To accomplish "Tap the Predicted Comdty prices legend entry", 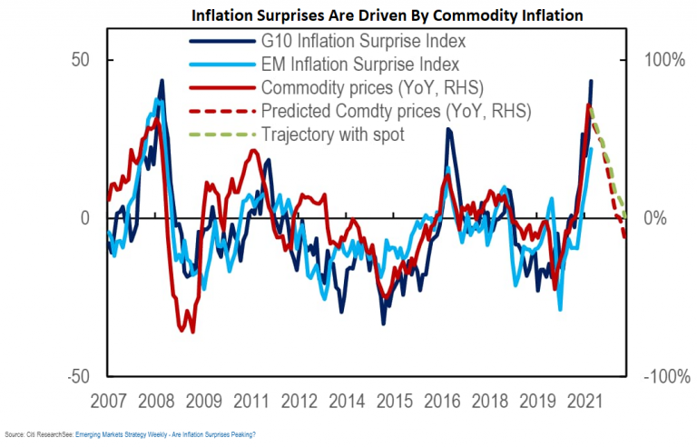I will tap(396, 112).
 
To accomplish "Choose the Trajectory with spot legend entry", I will tap(333, 135).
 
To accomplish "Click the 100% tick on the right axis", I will tap(665, 59).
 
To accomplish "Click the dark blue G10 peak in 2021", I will tap(592, 81).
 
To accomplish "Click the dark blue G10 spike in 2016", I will tap(447, 130).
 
